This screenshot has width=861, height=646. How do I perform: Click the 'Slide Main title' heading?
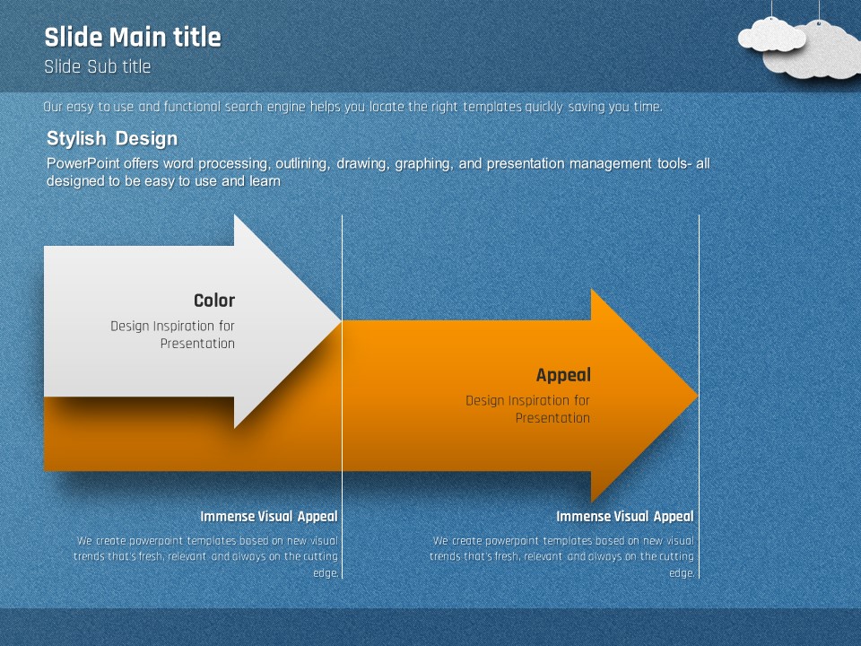tap(132, 38)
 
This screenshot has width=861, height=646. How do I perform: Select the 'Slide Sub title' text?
tap(97, 66)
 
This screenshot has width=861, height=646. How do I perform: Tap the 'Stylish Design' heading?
tap(112, 138)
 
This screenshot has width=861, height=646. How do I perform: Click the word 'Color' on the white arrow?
tap(214, 301)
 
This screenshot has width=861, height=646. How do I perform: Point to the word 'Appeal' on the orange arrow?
tap(563, 375)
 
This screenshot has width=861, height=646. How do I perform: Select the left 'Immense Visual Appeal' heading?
tap(269, 516)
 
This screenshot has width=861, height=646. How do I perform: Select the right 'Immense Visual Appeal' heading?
tap(624, 516)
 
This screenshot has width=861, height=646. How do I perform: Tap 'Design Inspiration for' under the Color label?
tap(172, 326)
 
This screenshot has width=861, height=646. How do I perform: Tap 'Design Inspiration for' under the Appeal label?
tap(527, 400)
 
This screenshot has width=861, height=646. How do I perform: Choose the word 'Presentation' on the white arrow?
tap(197, 344)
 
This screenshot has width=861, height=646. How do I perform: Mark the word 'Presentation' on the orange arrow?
tap(552, 418)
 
